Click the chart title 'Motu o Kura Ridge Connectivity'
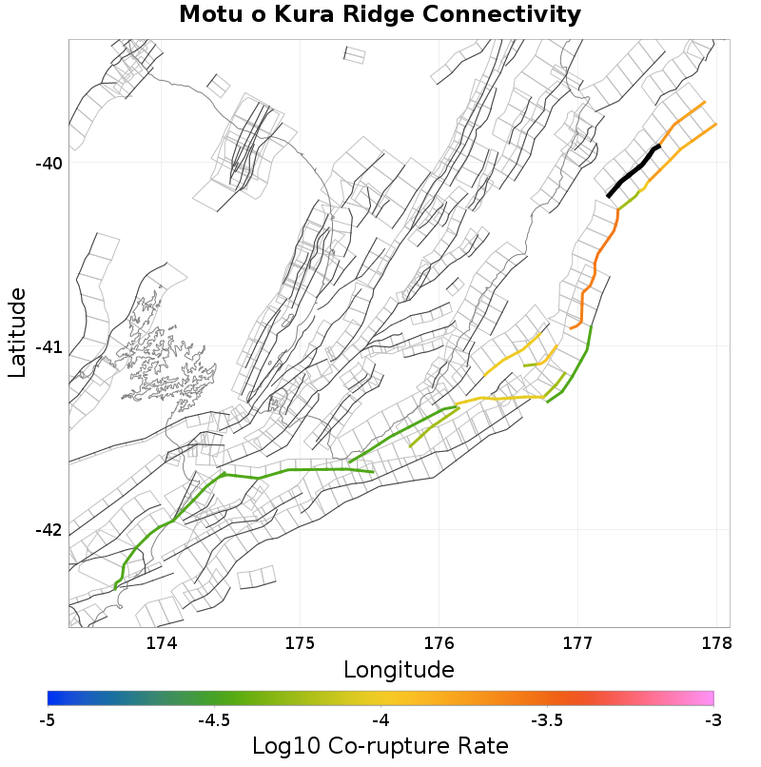pos(380,15)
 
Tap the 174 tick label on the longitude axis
pos(162,643)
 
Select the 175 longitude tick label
pos(300,643)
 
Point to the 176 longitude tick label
pos(439,643)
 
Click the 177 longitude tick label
pos(577,643)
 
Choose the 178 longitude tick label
pos(715,643)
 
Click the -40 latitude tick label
pos(49,164)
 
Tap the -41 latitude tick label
pos(49,347)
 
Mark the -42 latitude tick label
pos(49,530)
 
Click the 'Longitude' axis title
pos(399,670)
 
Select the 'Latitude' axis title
pos(17,333)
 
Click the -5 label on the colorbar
pos(48,720)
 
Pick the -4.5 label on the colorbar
pos(214,720)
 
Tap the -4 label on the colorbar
pos(380,720)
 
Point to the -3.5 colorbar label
pos(547,720)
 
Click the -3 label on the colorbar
pos(712,720)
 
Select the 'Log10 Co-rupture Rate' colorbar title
pos(380,746)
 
